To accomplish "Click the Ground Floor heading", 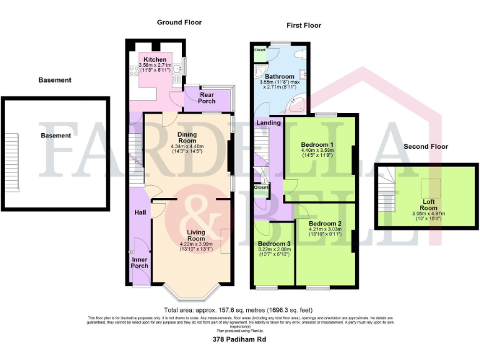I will click(x=179, y=22).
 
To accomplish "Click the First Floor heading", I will click(x=304, y=26).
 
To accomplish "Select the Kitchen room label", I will click(x=154, y=60).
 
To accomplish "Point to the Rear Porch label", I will click(x=206, y=98).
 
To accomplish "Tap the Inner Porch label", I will click(x=140, y=262).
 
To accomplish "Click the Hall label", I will click(x=140, y=213).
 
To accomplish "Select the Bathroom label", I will click(x=279, y=77).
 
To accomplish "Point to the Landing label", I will click(x=268, y=123).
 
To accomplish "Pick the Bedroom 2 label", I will click(x=325, y=224).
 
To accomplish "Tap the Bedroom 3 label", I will click(x=274, y=244).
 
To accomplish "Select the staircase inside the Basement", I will click(x=15, y=154).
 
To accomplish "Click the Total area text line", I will click(x=237, y=309).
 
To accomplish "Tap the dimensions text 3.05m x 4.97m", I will click(x=428, y=214).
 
